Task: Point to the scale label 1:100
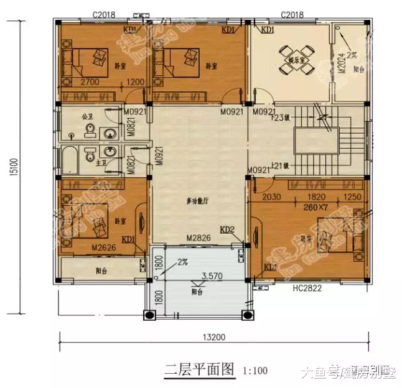click(x=255, y=371)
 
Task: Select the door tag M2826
click(x=199, y=238)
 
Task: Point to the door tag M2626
click(x=104, y=247)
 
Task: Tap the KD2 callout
click(x=227, y=230)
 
